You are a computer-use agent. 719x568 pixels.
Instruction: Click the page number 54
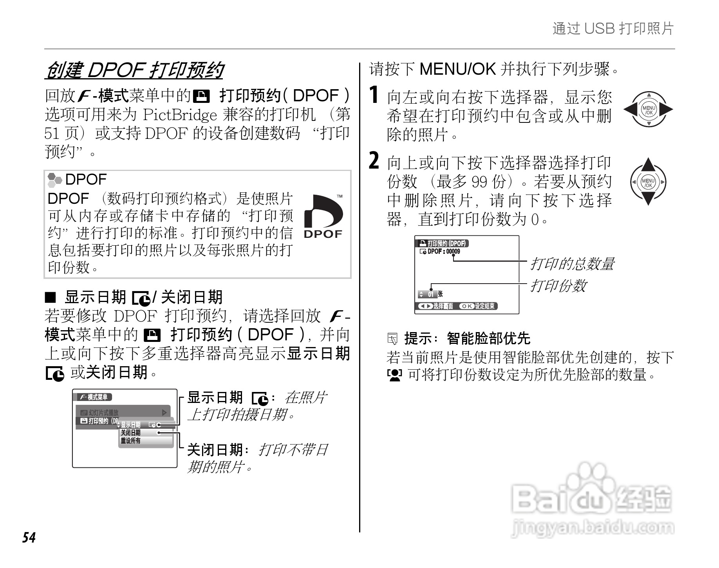pos(29,537)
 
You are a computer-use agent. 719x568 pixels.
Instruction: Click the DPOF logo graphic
pos(323,217)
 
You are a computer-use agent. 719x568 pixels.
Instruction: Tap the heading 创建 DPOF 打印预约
pos(134,71)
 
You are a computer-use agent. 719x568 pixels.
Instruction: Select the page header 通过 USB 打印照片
pos(613,29)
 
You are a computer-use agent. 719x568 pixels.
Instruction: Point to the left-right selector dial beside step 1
pos(648,110)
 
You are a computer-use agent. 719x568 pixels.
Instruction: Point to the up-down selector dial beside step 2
pos(648,182)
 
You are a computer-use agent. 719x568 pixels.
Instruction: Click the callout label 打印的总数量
pos(572,264)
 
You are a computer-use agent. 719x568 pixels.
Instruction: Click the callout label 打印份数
pos(558,286)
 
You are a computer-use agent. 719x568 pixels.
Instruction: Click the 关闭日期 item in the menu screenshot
pos(131,433)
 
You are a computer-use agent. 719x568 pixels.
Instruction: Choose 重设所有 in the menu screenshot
pos(131,441)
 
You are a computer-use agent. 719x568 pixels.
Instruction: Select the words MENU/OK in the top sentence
pos(457,70)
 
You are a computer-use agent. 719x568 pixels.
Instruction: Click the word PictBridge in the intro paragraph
pos(180,115)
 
